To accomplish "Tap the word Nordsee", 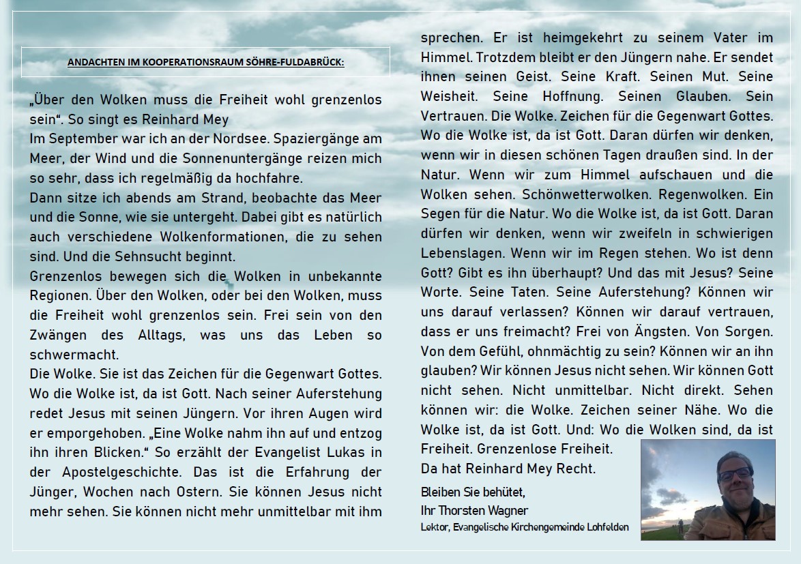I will [x=239, y=138].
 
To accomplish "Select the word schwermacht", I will [x=74, y=355].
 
